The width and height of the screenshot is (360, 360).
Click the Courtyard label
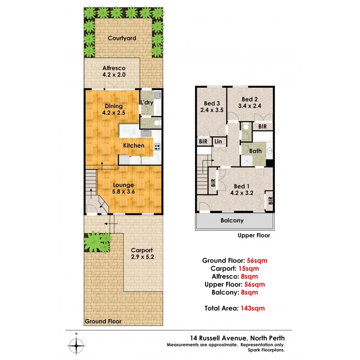tap(122, 38)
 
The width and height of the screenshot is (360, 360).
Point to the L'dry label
tap(146, 102)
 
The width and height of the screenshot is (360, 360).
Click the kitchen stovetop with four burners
tap(157, 147)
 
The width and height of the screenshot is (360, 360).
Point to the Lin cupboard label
tap(218, 142)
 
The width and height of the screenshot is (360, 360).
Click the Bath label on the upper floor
tap(255, 151)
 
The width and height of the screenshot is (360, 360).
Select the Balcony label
tap(232, 220)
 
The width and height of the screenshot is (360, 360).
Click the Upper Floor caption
tap(254, 235)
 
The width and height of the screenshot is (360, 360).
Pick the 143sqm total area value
tap(252, 308)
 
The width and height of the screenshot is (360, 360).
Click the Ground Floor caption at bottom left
tap(103, 321)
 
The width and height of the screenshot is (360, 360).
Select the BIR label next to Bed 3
tap(203, 142)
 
